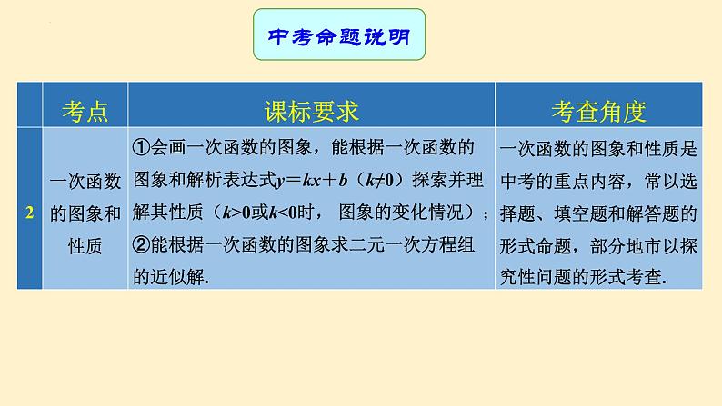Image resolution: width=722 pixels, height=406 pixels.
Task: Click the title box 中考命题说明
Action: point(339,35)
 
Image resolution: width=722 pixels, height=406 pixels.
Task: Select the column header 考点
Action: point(85,111)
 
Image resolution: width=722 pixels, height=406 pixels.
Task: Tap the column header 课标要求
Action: point(311,111)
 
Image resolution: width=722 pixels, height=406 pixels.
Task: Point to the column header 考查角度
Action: point(598,111)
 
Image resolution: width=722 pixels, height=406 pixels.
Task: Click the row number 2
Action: point(30,213)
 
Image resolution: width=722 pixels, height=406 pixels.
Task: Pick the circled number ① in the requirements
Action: point(140,148)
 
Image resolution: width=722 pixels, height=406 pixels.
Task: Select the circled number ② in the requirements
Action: point(140,245)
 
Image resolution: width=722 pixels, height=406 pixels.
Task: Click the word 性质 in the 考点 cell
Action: point(85,245)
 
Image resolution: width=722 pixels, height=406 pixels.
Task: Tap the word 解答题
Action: point(661,213)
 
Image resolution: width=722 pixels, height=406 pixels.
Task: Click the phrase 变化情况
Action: point(429,213)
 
